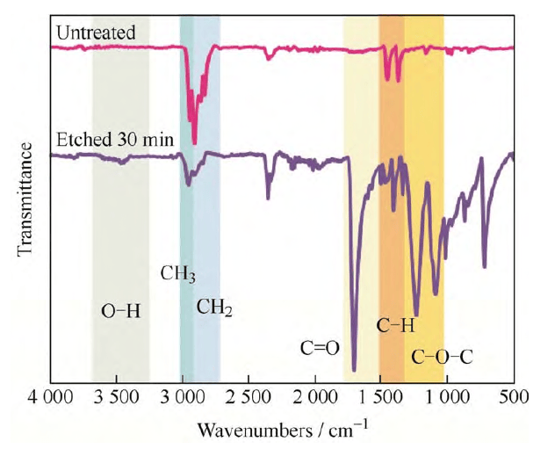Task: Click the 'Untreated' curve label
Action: click(96, 33)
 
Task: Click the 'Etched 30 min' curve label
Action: click(115, 140)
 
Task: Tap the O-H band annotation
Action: click(120, 312)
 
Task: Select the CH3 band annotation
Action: click(177, 274)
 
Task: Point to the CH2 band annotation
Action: click(214, 308)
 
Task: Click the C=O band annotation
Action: click(320, 349)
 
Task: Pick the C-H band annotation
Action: click(395, 326)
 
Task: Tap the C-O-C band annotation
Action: click(442, 358)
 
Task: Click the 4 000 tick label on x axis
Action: click(50, 396)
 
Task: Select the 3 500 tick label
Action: click(117, 396)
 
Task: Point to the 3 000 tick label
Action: click(183, 396)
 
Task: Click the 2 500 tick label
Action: click(249, 396)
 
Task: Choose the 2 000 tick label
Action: click(315, 396)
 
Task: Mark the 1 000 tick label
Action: click(447, 396)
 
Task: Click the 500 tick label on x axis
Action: click(514, 396)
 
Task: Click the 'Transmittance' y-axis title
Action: click(25, 199)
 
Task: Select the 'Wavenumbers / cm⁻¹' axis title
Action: click(283, 430)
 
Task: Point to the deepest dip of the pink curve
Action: click(194, 143)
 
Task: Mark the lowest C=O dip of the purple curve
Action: click(354, 370)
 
